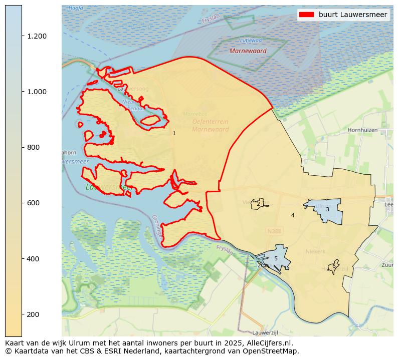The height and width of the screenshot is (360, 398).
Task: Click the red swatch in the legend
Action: coord(306,15)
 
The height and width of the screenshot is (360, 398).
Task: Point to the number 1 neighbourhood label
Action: coord(174,134)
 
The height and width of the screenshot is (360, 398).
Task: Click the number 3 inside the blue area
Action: coord(327,209)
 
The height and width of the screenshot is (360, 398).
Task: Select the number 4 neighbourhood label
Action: coord(293,215)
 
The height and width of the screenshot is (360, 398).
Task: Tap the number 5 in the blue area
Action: coord(275,258)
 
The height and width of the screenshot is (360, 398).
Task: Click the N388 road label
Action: coord(274,231)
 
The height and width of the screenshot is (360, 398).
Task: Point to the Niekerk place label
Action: coord(315,251)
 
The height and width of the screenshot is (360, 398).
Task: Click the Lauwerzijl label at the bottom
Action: coord(265,332)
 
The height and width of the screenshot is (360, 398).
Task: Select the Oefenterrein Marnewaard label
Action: coord(210,125)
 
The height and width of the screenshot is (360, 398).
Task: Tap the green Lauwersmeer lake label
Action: coord(108,187)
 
